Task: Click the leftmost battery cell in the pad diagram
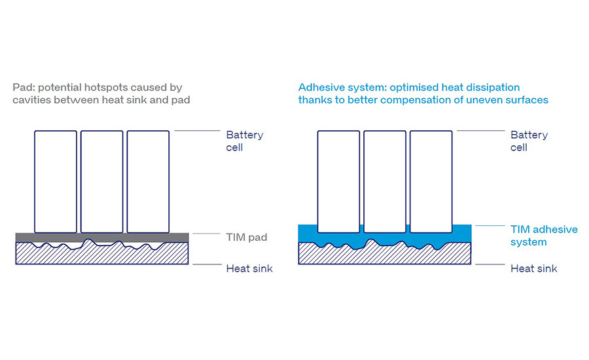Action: [56, 181]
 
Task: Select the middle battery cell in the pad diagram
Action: [102, 181]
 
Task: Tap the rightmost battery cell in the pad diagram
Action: [148, 181]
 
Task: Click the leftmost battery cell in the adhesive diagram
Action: [338, 181]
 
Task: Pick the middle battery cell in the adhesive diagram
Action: [385, 181]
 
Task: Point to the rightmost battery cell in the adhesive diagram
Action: [431, 181]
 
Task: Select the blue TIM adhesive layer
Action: [308, 234]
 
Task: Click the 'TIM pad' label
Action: [247, 237]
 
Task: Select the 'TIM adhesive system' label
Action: [544, 236]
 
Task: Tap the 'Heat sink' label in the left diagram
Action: [249, 268]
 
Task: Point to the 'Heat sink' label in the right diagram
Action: [533, 268]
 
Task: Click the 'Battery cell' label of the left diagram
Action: [244, 141]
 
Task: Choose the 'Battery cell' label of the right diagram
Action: [529, 141]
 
